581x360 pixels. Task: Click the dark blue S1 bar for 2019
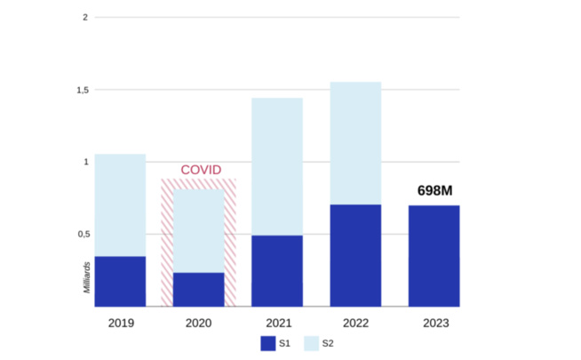tap(120, 281)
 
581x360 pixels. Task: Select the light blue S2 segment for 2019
tap(120, 205)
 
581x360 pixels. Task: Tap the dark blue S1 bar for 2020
tap(198, 289)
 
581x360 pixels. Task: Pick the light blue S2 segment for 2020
tap(198, 231)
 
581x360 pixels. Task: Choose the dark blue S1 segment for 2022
tap(355, 255)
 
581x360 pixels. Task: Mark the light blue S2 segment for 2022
tap(355, 143)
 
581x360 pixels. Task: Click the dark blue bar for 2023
tap(434, 256)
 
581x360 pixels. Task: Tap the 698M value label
tap(434, 191)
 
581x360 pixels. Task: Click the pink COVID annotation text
tap(200, 170)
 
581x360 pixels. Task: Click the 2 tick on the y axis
tap(84, 18)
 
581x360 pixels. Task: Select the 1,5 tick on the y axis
tap(81, 90)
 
